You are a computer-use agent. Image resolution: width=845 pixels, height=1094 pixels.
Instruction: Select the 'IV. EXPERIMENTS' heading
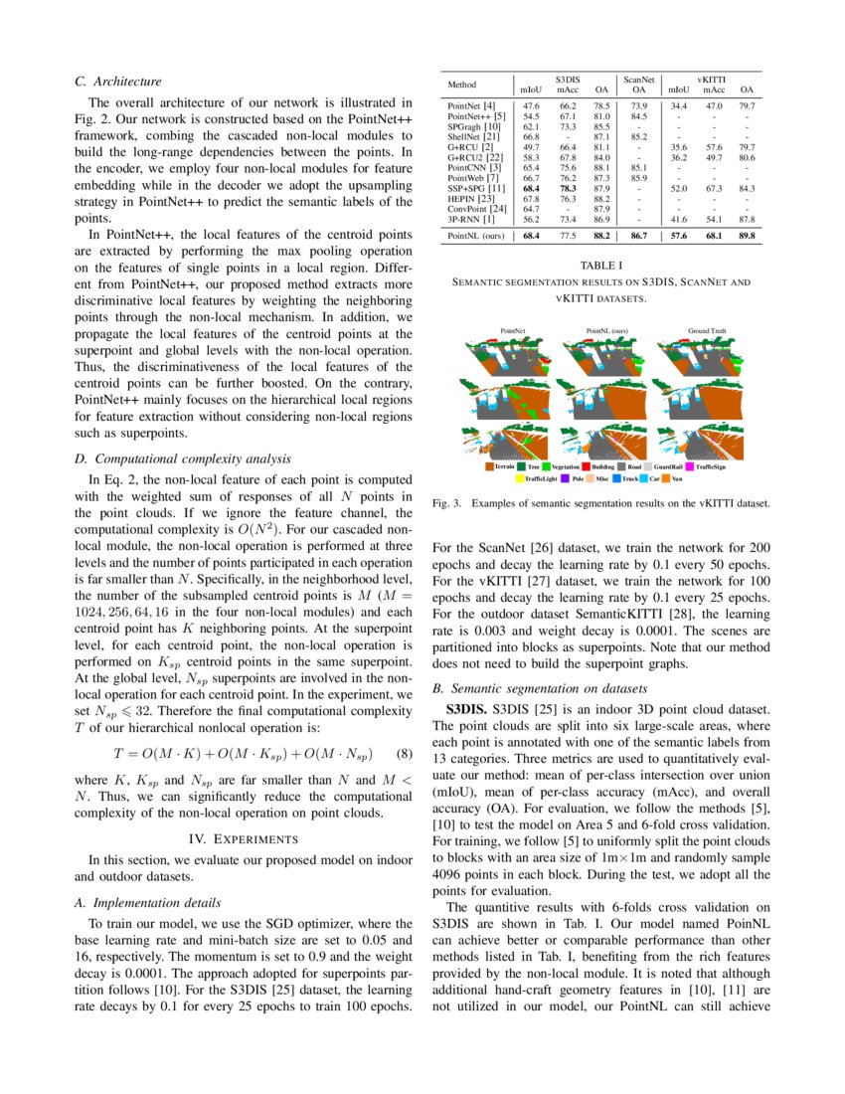click(243, 838)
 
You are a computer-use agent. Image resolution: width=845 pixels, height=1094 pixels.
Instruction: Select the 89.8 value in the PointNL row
click(747, 237)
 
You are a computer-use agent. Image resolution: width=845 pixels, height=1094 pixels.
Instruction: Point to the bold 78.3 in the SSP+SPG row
click(568, 187)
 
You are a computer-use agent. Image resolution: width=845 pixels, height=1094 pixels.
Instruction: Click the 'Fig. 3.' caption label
click(449, 504)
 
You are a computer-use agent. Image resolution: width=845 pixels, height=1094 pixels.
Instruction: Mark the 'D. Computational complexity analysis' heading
click(183, 458)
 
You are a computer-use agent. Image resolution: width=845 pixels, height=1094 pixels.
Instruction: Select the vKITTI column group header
click(710, 77)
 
